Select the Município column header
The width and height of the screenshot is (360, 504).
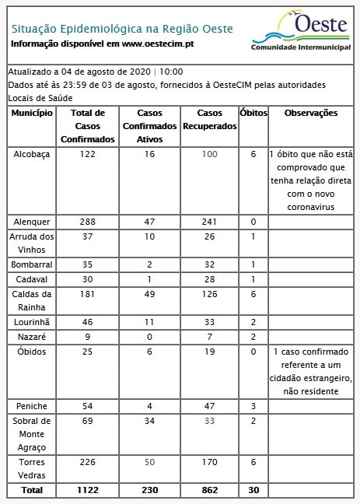tap(32, 114)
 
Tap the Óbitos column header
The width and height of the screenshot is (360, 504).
tap(253, 114)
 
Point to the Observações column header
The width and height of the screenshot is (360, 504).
tap(310, 114)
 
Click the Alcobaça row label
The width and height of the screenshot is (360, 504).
tap(32, 155)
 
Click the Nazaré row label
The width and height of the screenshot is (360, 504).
tap(32, 337)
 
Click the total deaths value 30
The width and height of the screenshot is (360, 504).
tap(253, 490)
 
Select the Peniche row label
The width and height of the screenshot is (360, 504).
tap(32, 406)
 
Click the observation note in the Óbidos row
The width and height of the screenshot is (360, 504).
tap(310, 372)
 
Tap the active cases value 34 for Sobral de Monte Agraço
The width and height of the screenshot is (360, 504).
tap(149, 421)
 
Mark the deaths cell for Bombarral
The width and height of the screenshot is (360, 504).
tap(253, 264)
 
